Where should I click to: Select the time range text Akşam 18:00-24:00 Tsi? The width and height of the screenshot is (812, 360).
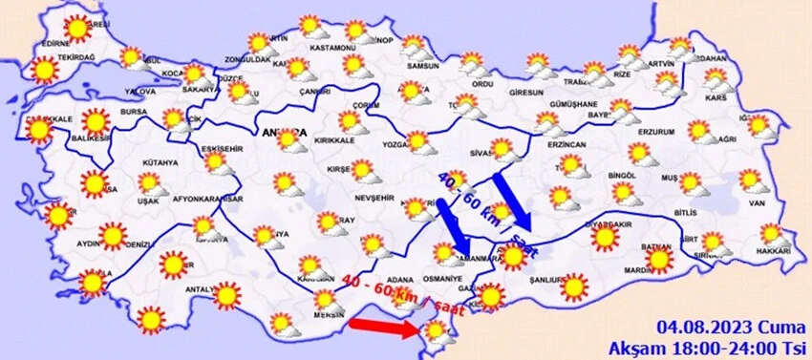[x=711, y=345]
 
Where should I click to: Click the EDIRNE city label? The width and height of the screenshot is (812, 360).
[x=56, y=44]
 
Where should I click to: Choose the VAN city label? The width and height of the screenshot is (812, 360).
[x=758, y=202]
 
